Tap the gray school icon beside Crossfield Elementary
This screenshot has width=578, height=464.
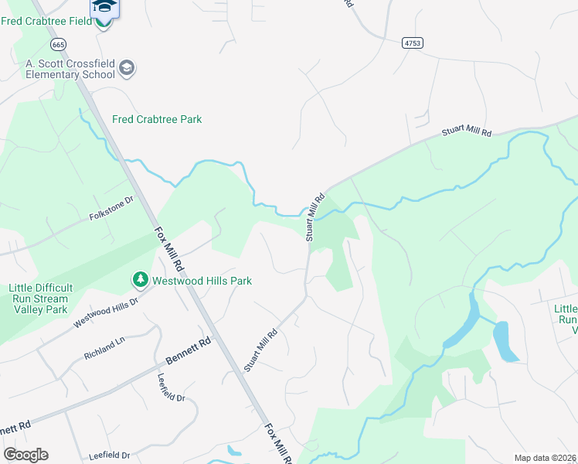pyautogui.click(x=127, y=69)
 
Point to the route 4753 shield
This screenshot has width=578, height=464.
pyautogui.click(x=413, y=43)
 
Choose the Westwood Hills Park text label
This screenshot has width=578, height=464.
pyautogui.click(x=202, y=281)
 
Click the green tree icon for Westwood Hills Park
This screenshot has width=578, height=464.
pyautogui.click(x=140, y=278)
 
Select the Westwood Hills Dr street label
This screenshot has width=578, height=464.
pyautogui.click(x=105, y=312)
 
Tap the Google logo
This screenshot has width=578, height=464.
pyautogui.click(x=25, y=455)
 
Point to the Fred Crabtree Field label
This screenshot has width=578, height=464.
pyautogui.click(x=46, y=20)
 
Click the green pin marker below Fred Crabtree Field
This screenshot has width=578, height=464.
pyautogui.click(x=104, y=21)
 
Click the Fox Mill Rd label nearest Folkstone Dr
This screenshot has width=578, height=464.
pyautogui.click(x=166, y=245)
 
